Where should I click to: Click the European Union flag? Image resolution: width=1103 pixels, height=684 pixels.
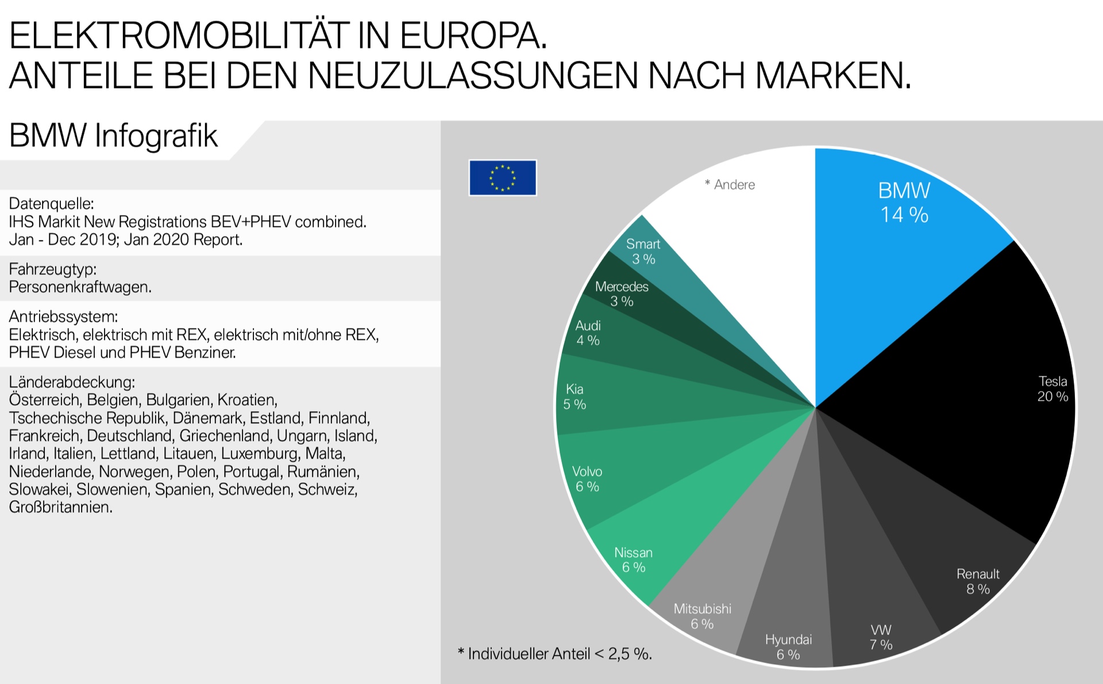tap(503, 178)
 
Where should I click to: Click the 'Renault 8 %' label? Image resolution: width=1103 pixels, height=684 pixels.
tap(978, 581)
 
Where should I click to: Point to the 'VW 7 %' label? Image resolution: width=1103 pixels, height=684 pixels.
tap(881, 637)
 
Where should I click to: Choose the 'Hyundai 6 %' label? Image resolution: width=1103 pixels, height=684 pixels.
tap(788, 647)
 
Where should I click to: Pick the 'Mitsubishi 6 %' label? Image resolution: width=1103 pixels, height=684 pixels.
tap(702, 616)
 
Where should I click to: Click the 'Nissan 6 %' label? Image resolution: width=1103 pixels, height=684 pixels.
tap(633, 560)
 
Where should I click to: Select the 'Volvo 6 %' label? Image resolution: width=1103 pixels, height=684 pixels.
tap(587, 479)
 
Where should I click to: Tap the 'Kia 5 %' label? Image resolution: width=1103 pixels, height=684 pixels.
tap(574, 397)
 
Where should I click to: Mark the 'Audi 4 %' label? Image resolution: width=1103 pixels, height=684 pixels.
tap(588, 333)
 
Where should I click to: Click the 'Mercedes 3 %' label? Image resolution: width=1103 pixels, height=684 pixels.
tap(622, 294)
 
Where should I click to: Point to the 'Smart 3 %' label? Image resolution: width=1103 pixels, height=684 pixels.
tap(643, 251)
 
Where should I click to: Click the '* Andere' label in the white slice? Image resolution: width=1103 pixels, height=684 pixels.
tap(730, 185)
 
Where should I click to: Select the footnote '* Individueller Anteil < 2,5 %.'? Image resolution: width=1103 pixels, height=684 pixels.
tap(554, 654)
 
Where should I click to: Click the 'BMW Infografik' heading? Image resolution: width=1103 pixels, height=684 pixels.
tap(113, 136)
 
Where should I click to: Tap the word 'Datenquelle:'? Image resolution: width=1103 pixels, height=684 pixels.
tap(51, 203)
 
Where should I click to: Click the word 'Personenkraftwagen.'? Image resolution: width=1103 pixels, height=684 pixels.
tap(80, 287)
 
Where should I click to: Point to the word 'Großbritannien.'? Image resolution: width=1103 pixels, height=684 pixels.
tap(60, 507)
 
